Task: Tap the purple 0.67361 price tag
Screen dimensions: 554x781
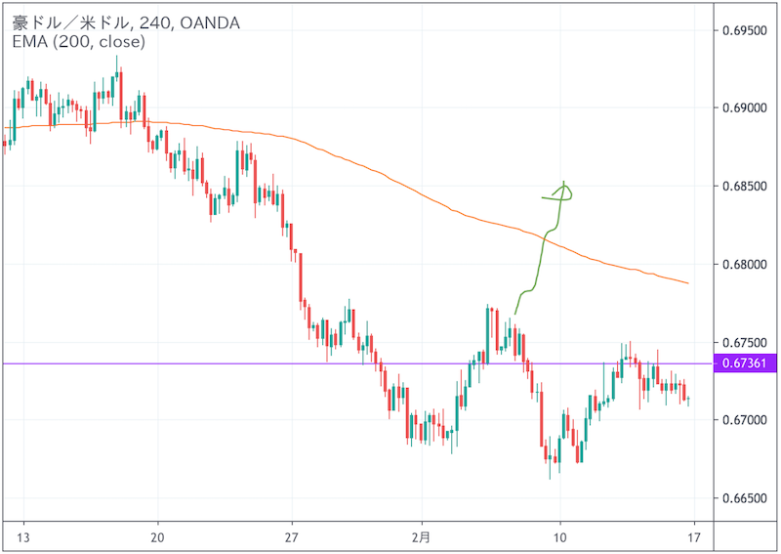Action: click(x=747, y=363)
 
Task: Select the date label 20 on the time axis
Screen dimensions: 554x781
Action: click(x=157, y=537)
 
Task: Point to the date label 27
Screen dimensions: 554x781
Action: click(x=291, y=537)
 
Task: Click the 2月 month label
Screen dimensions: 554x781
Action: click(x=424, y=537)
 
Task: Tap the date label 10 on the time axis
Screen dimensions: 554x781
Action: click(x=559, y=537)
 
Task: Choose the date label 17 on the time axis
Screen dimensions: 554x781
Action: click(x=693, y=537)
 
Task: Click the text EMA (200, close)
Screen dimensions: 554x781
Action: click(x=78, y=42)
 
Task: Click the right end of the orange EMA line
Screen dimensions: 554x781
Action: click(x=688, y=283)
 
